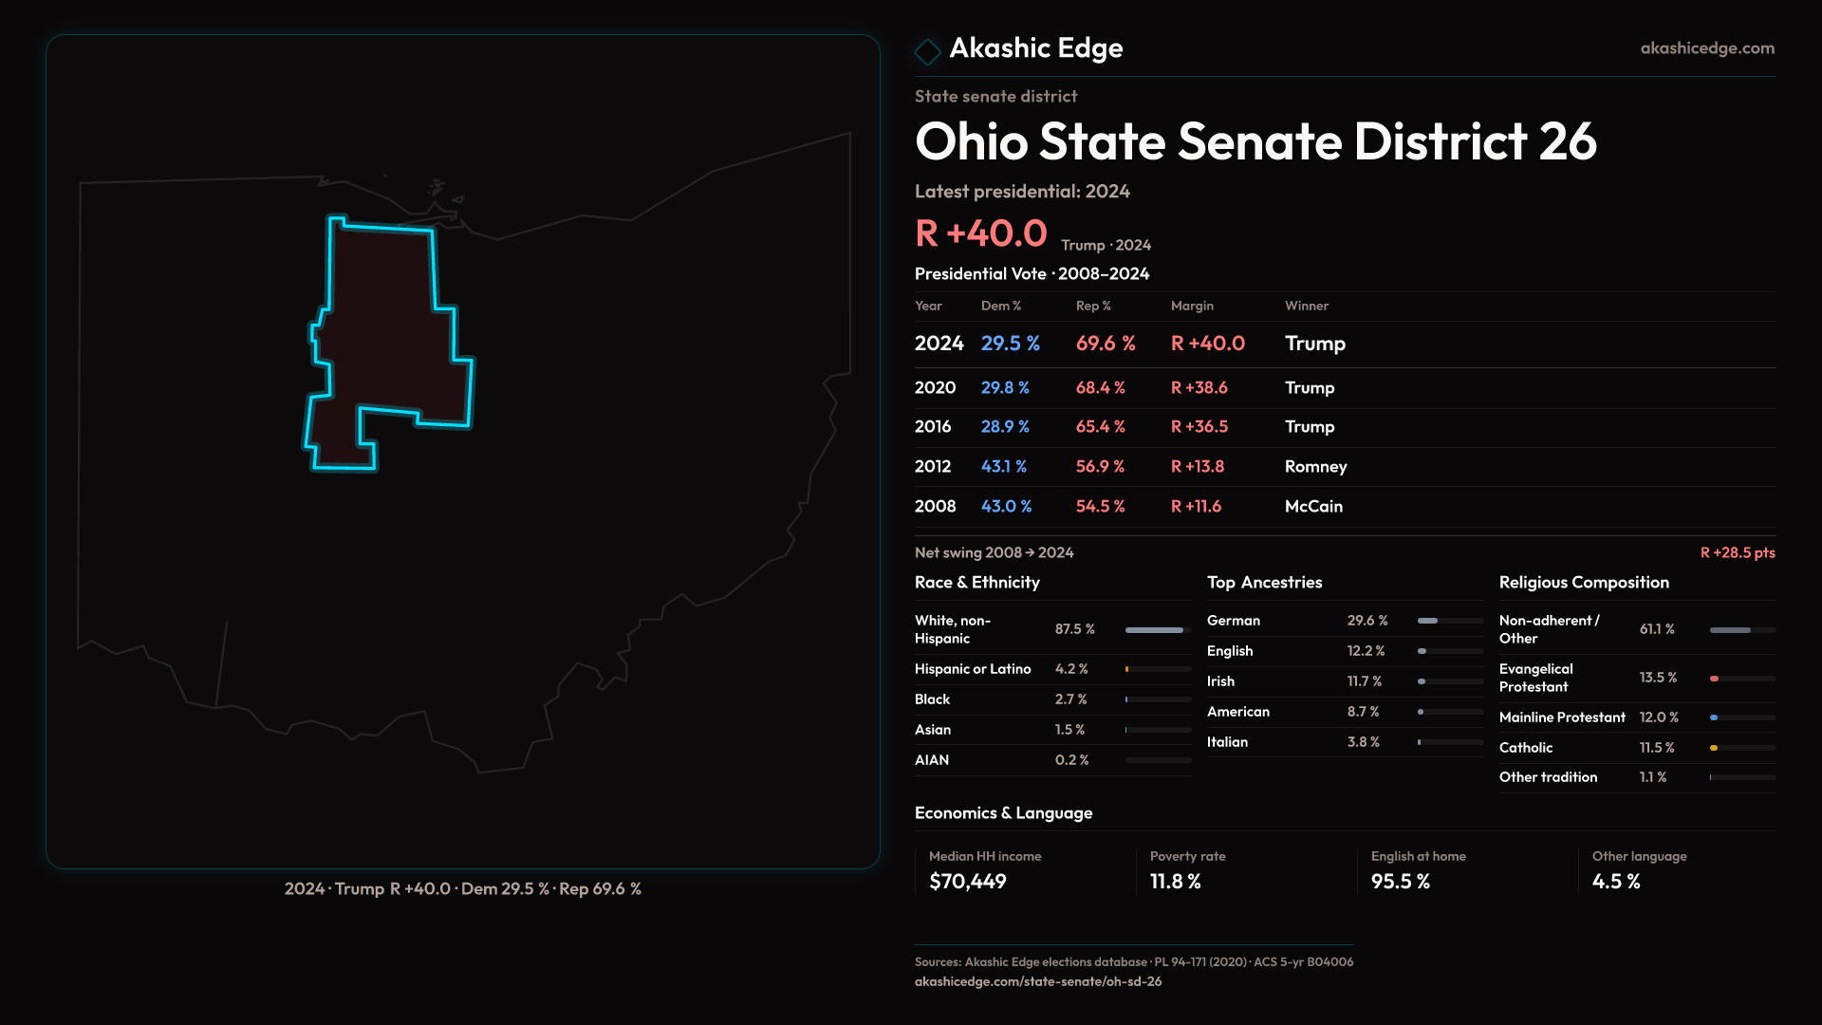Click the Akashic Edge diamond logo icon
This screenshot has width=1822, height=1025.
tap(927, 50)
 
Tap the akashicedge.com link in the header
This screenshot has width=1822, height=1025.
tap(1706, 48)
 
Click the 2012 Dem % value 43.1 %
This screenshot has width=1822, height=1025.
tap(1003, 467)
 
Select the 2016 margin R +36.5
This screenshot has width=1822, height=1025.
tap(1199, 427)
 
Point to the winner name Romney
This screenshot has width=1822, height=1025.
tap(1315, 467)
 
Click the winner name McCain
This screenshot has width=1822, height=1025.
tap(1313, 507)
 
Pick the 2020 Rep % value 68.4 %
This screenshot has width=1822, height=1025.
tap(1100, 388)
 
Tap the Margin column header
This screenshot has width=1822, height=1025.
tap(1192, 307)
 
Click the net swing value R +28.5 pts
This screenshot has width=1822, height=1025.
tap(1737, 553)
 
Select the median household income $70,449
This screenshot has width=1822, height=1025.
tap(967, 882)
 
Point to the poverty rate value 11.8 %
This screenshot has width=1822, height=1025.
tap(1175, 882)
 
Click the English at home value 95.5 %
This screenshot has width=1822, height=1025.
tap(1400, 882)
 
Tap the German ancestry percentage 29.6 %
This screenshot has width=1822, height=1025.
tap(1366, 621)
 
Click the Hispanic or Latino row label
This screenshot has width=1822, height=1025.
tap(972, 669)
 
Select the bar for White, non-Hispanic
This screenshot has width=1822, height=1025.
tap(1155, 630)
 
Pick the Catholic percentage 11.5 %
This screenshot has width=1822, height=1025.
tap(1656, 748)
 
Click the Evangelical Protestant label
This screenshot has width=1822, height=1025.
tap(1535, 678)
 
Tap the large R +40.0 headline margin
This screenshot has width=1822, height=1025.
tap(980, 233)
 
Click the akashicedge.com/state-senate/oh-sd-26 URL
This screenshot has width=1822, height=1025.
tap(1037, 982)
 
